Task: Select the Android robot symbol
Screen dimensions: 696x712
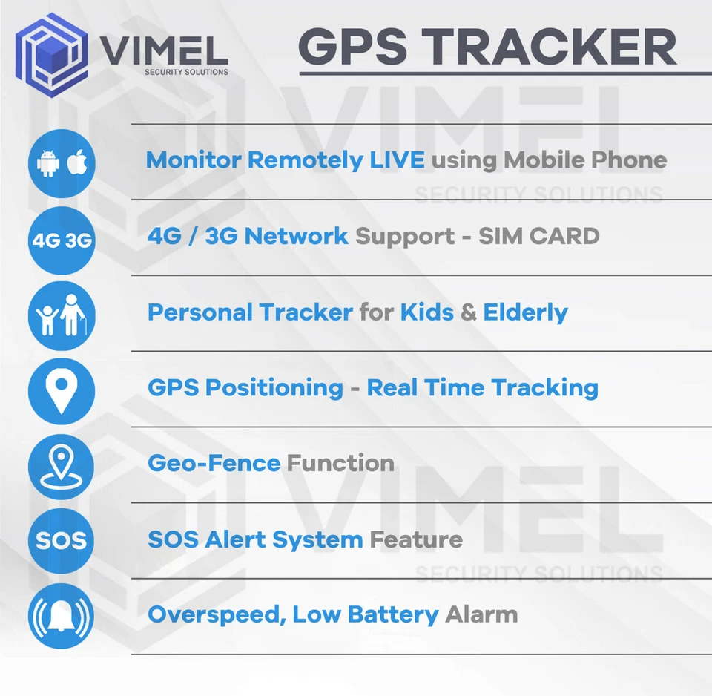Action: click(47, 163)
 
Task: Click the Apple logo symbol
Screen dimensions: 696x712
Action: click(76, 162)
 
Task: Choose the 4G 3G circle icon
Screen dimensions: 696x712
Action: click(62, 240)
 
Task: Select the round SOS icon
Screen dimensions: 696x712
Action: click(62, 541)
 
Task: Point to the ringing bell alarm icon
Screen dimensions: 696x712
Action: click(62, 617)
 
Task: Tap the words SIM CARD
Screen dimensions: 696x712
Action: click(538, 236)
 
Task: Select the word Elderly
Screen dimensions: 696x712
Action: click(525, 312)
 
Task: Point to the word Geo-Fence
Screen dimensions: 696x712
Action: click(214, 463)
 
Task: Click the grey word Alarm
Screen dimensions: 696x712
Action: click(481, 614)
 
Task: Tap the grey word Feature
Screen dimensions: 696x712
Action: click(415, 539)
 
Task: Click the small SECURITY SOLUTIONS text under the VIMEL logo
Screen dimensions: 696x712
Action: click(186, 73)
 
